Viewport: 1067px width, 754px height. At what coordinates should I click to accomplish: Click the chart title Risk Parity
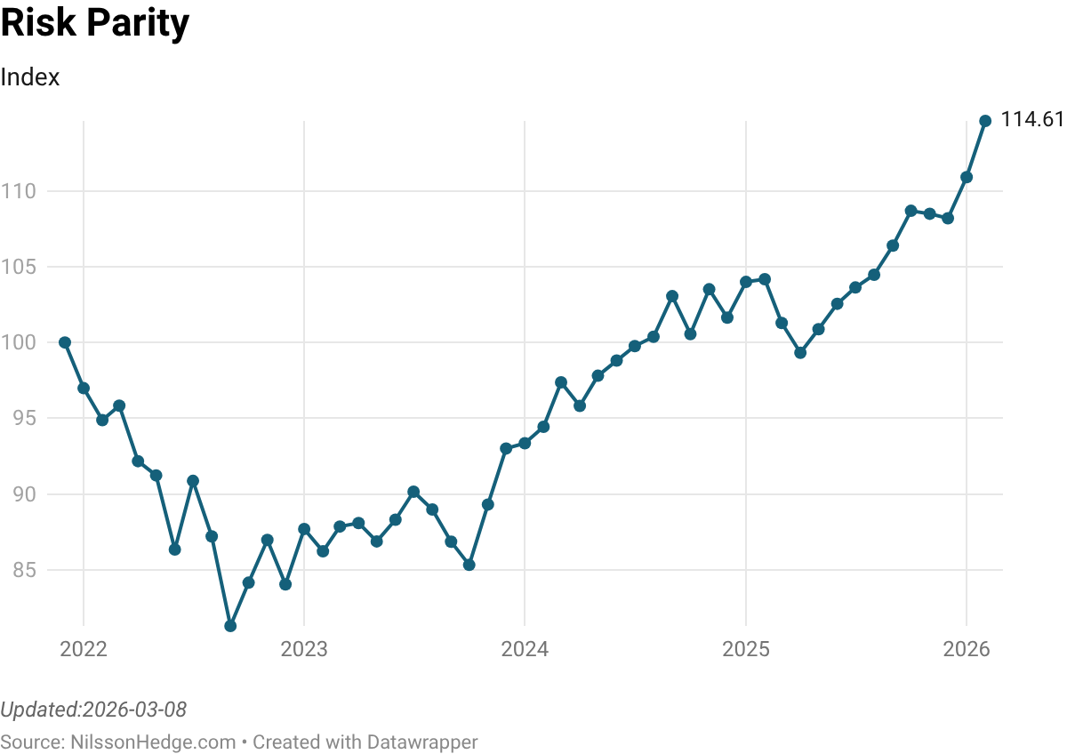[x=95, y=24]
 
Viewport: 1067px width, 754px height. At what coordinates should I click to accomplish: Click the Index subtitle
[x=30, y=77]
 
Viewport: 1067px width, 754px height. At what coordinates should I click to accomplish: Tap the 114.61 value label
[x=1032, y=119]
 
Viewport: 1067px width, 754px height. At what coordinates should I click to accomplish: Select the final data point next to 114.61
[x=985, y=121]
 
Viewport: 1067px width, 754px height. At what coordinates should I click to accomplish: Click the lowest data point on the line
[x=230, y=626]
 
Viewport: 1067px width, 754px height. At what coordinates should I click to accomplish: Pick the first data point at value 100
[x=65, y=342]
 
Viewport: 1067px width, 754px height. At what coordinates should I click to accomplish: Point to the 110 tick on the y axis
[x=18, y=191]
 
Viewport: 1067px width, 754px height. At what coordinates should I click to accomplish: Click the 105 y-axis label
[x=18, y=267]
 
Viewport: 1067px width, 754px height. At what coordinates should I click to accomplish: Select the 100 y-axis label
[x=18, y=342]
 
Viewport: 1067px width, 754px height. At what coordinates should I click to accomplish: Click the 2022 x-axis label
[x=84, y=650]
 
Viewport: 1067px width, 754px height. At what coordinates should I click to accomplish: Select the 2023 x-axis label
[x=304, y=650]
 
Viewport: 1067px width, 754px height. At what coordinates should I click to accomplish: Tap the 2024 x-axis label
[x=525, y=650]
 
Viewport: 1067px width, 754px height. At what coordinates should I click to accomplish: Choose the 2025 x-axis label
[x=745, y=650]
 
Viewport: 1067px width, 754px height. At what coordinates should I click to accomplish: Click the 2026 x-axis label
[x=967, y=650]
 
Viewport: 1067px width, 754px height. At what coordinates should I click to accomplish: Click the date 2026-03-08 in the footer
[x=133, y=710]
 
